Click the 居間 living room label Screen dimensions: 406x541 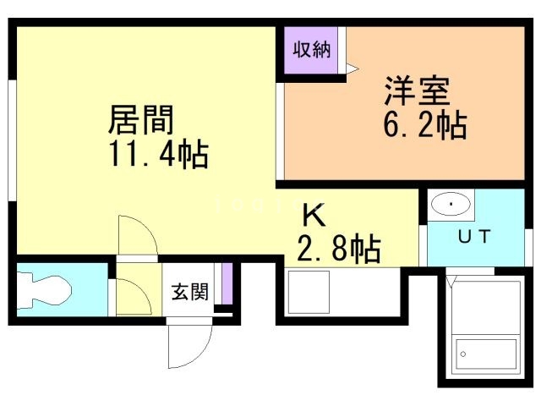(140, 121)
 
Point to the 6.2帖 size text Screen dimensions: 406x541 (425, 126)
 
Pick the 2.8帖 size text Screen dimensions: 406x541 (338, 249)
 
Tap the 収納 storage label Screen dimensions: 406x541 (311, 49)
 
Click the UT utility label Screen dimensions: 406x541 (473, 238)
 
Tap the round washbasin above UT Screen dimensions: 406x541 (451, 204)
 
